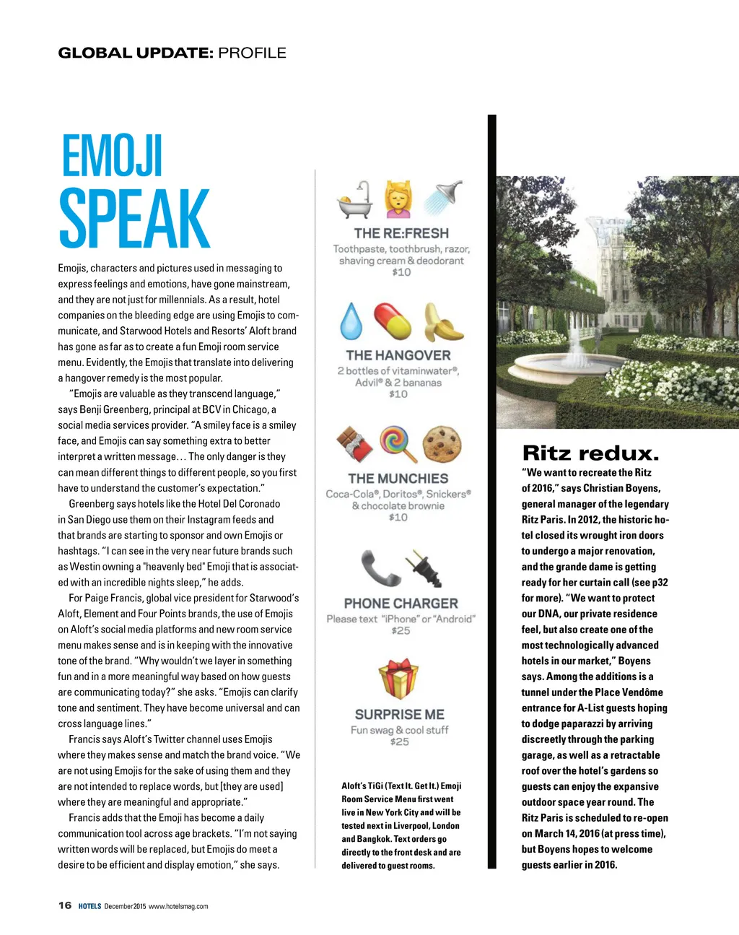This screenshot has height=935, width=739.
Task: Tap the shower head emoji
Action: pos(443,198)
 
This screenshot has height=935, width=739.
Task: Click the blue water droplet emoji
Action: pos(351,321)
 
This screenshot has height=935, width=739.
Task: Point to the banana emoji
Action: pos(442,322)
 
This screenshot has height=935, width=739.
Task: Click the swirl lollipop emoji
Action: pos(399,443)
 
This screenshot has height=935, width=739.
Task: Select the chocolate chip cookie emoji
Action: pos(442,443)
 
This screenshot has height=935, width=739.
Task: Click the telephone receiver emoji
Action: pos(379,567)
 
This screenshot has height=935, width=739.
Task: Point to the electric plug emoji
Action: pos(424,567)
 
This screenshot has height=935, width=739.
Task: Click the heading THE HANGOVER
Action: pos(398,355)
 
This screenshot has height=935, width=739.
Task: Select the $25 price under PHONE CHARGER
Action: pos(401,631)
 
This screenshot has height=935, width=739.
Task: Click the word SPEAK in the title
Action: pos(134,219)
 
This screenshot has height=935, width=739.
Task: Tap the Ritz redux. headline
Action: pos(590,453)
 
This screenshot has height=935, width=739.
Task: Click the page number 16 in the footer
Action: pos(65,905)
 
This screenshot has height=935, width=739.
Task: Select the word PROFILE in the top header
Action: pos(252,53)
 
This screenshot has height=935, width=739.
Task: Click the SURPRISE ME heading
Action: pos(399,714)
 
